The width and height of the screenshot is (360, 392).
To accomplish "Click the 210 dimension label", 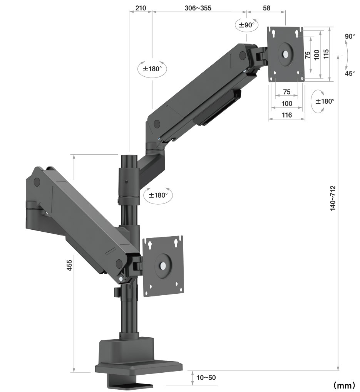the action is click(141, 8).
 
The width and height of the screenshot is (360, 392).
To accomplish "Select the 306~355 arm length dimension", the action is click(198, 8).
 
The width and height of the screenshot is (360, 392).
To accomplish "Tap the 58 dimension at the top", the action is click(266, 8).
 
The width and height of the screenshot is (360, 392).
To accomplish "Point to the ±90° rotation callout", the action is click(247, 25).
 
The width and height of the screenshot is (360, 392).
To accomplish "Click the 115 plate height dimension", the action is click(326, 54).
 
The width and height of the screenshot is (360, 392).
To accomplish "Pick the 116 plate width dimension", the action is click(286, 115).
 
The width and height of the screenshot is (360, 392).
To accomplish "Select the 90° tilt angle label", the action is click(350, 37).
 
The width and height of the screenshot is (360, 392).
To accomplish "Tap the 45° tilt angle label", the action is click(350, 73).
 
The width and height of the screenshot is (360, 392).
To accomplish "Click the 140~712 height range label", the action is click(333, 198).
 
